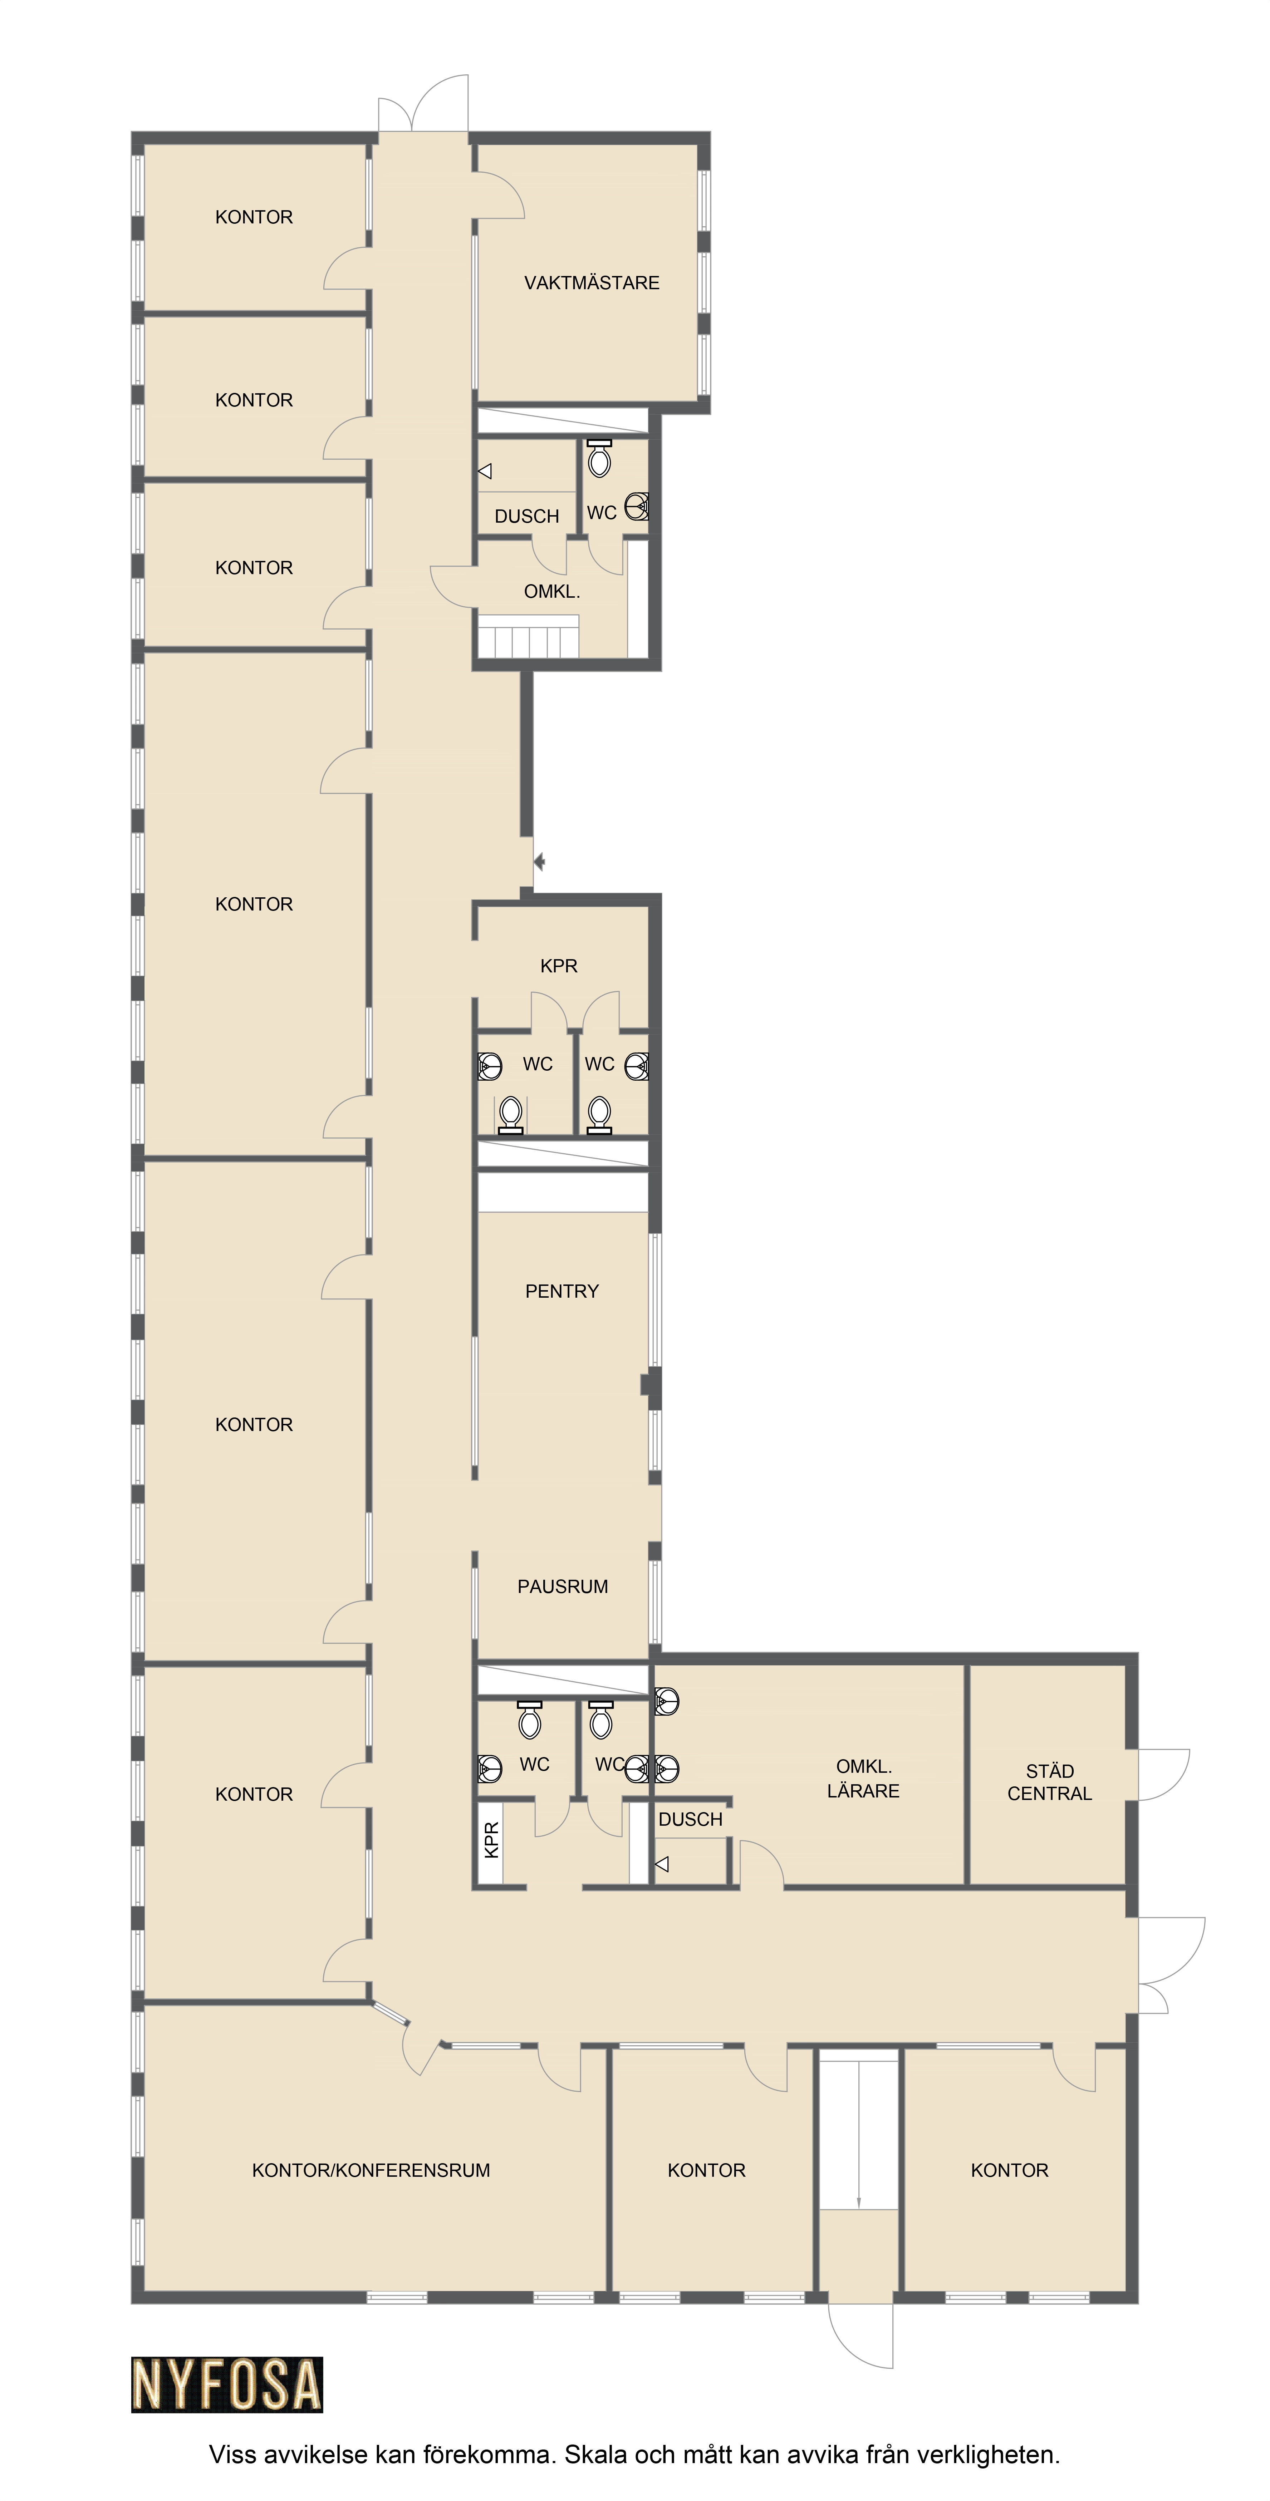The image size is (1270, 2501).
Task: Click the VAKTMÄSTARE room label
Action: (x=591, y=282)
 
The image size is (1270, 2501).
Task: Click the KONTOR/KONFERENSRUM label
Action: (x=371, y=2170)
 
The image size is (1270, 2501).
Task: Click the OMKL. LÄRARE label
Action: (x=863, y=1779)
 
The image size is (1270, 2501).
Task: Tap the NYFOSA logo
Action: (x=227, y=2384)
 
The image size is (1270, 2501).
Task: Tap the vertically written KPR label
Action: (x=491, y=1840)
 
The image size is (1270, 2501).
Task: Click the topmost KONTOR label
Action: (x=254, y=217)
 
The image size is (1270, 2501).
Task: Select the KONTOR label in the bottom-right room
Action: (x=1010, y=2170)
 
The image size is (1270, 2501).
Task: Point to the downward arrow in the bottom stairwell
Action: (x=858, y=2134)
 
